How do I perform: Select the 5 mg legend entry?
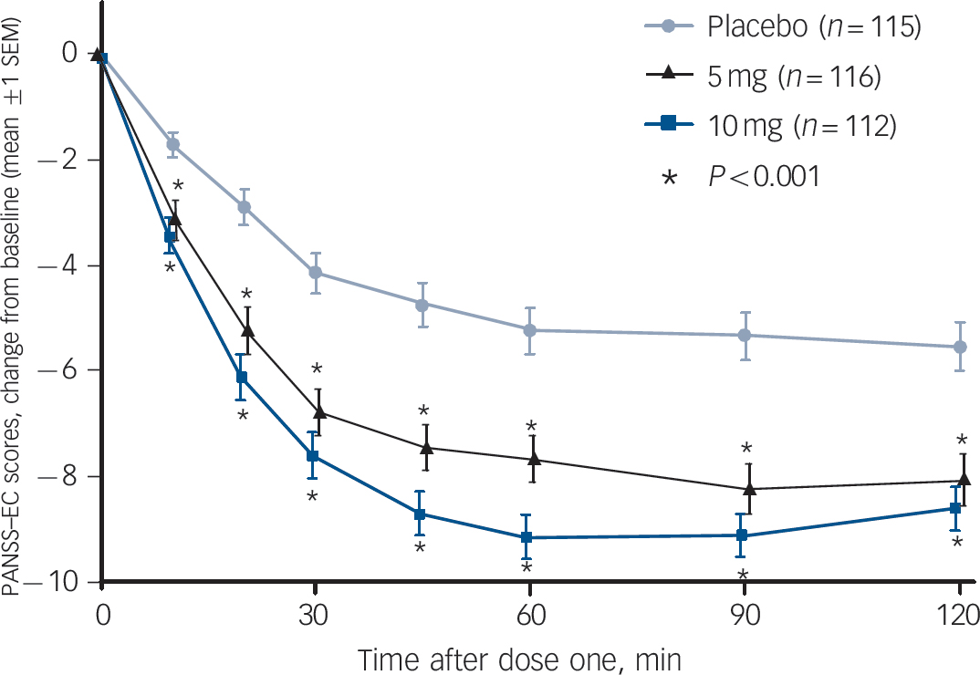tap(794, 78)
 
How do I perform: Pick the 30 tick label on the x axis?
tap(315, 611)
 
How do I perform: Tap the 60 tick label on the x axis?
tap(529, 611)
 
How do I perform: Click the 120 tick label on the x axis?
tap(959, 611)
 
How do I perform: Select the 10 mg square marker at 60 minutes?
tap(526, 538)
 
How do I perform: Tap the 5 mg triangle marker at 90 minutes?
tap(750, 489)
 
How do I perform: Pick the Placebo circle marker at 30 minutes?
tap(316, 272)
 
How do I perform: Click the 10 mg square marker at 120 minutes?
tap(954, 508)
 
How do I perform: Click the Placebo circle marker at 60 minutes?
tap(529, 329)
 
